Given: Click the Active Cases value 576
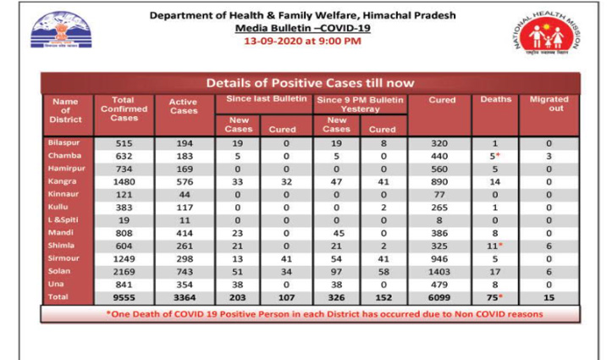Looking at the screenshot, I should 184,181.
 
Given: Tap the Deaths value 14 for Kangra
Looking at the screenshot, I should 495,181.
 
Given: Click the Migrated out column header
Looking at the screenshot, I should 548,104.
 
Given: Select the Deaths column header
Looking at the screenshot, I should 495,99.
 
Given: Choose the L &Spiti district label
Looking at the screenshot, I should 61,220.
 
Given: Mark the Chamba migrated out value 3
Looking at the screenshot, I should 548,156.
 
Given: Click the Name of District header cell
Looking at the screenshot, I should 64,110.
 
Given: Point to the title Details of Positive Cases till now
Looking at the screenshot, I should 310,83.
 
